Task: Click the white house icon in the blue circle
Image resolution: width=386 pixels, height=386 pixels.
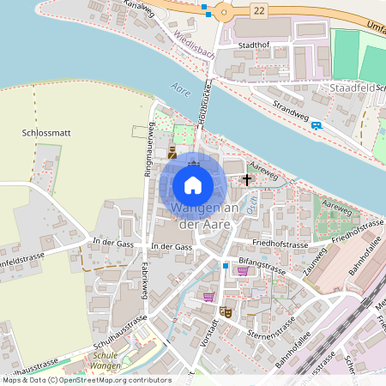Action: (193, 184)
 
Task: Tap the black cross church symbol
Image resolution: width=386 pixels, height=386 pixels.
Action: (247, 180)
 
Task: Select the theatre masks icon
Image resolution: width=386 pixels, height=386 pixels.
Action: (226, 312)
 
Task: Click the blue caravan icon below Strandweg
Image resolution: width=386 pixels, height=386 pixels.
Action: (317, 125)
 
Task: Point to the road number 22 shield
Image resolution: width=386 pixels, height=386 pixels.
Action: (260, 10)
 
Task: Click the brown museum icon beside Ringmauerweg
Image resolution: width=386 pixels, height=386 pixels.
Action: (172, 153)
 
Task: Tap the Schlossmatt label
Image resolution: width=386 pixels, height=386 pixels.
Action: (40, 134)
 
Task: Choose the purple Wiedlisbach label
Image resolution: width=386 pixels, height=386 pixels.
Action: (194, 45)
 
